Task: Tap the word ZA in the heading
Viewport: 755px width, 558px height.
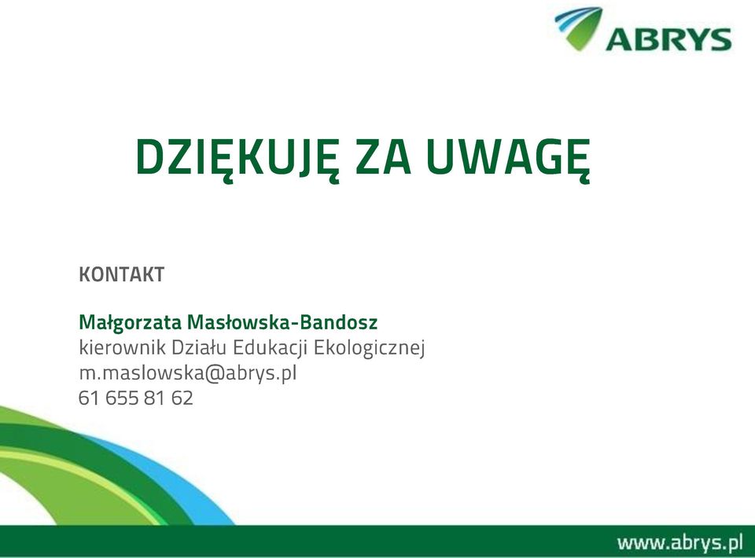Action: [x=383, y=157]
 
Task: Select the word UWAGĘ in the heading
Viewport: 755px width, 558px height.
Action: [x=509, y=160]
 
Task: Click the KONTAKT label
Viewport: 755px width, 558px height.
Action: [x=121, y=274]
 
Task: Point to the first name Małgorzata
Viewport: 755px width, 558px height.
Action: [x=130, y=323]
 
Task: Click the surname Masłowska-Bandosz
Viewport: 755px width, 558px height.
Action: [x=282, y=322]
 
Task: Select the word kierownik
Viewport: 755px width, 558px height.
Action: [x=123, y=347]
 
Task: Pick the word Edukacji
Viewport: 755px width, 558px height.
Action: [x=270, y=348]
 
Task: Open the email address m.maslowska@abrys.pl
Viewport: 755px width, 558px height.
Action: [x=188, y=373]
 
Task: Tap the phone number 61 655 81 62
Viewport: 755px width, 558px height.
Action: [x=136, y=398]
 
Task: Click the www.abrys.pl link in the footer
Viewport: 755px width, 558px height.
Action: [x=679, y=542]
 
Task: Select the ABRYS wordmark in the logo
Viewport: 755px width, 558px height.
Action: [x=668, y=39]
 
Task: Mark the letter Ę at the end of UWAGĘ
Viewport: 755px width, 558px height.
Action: [x=576, y=160]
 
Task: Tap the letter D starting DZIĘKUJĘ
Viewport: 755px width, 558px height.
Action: [x=149, y=157]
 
